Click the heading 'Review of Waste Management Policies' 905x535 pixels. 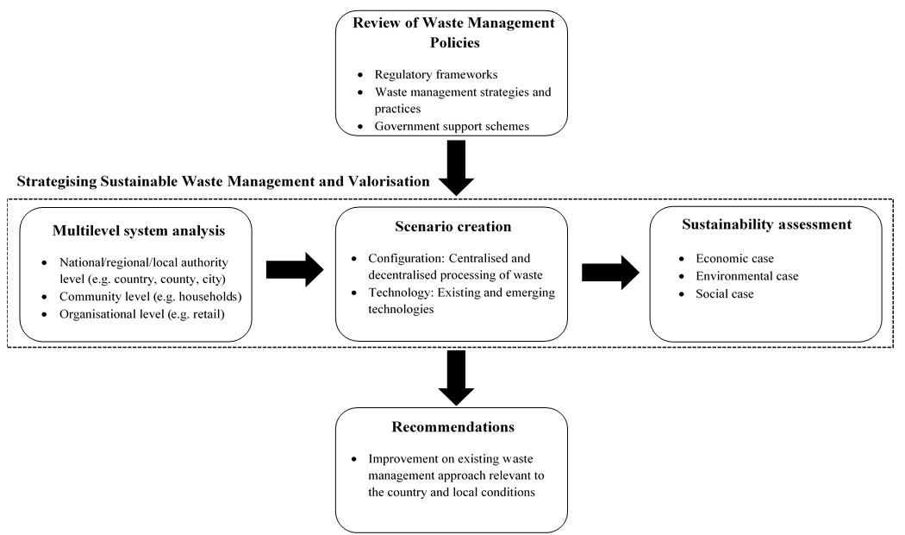[453, 32]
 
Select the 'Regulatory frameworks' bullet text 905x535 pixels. [436, 74]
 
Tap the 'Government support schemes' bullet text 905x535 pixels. [452, 126]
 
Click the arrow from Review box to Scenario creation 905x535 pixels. [456, 168]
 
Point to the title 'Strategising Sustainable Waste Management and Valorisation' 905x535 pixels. [223, 181]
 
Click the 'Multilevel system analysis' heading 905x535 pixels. [139, 230]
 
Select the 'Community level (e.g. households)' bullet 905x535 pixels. [151, 297]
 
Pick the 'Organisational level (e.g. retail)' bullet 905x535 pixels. [142, 314]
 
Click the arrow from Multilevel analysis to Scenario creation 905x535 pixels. [295, 270]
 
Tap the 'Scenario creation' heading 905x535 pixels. [453, 226]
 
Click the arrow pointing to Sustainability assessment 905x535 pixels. [610, 272]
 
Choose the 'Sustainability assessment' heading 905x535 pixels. [766, 224]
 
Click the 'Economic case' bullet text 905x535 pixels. [734, 258]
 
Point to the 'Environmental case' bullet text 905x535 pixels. [747, 275]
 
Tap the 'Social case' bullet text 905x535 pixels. [724, 293]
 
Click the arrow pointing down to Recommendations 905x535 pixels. [456, 378]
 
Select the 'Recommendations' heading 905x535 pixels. [453, 427]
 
